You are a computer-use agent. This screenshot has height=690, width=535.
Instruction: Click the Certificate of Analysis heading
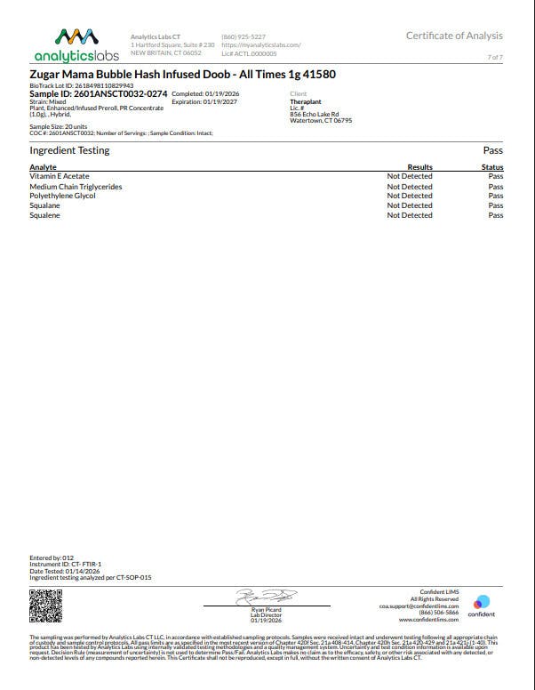(x=454, y=36)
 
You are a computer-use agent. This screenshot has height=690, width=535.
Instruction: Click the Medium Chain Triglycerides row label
(x=76, y=187)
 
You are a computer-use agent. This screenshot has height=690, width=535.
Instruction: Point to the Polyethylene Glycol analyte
(x=63, y=197)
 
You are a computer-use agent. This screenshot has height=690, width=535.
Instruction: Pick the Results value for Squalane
(x=410, y=205)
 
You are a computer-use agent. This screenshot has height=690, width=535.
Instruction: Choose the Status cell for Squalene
(x=496, y=215)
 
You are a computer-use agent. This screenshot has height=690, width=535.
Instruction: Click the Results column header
(x=419, y=167)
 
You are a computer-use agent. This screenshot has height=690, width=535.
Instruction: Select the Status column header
(x=492, y=167)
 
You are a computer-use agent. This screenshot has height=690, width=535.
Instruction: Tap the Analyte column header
(x=44, y=167)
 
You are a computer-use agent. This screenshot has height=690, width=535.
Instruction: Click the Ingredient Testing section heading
(x=69, y=150)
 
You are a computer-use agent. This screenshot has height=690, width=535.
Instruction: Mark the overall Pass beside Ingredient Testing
(x=493, y=150)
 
